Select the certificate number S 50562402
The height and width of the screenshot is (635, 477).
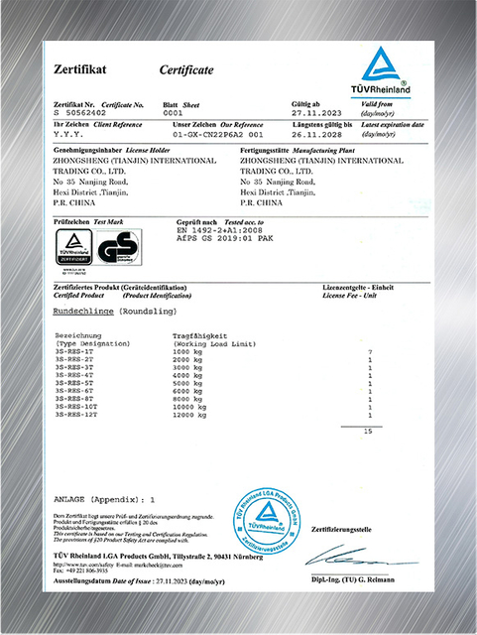[x=77, y=114]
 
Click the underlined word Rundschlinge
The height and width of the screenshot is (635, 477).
[x=82, y=311]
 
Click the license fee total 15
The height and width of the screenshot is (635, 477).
[x=368, y=433]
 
